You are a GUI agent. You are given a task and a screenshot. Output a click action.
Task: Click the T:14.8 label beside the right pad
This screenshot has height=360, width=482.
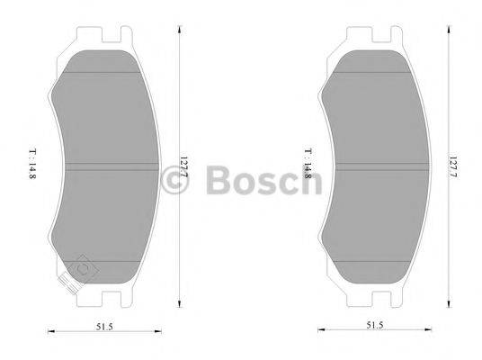click(x=307, y=169)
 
